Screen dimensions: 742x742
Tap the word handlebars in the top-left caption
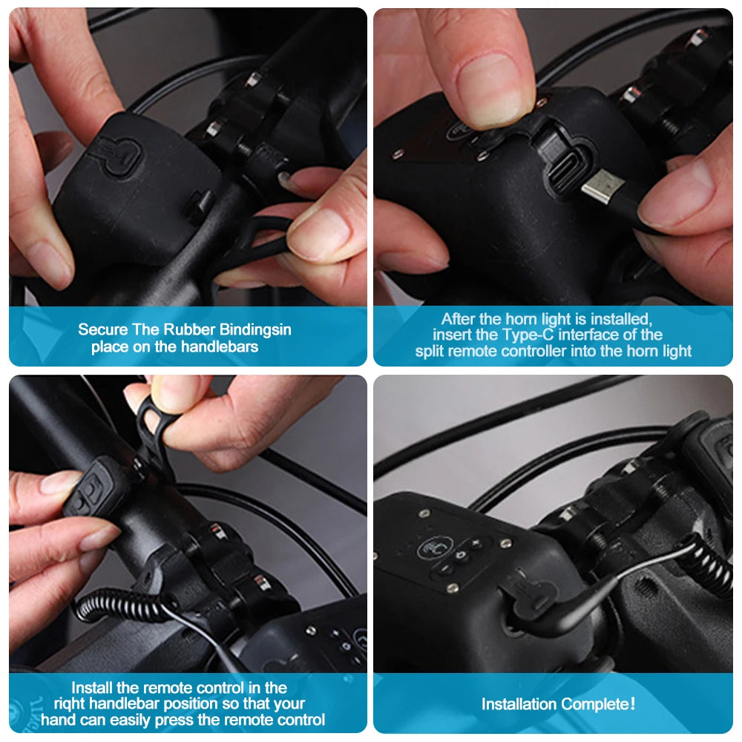click(x=222, y=347)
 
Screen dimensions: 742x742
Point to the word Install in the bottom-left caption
click(x=93, y=688)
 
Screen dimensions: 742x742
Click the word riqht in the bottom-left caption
click(x=70, y=703)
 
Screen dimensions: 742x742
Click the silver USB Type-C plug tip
click(x=600, y=186)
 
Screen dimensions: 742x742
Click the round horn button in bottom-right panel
click(x=433, y=548)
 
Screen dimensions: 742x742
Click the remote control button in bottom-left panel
click(x=90, y=490)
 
